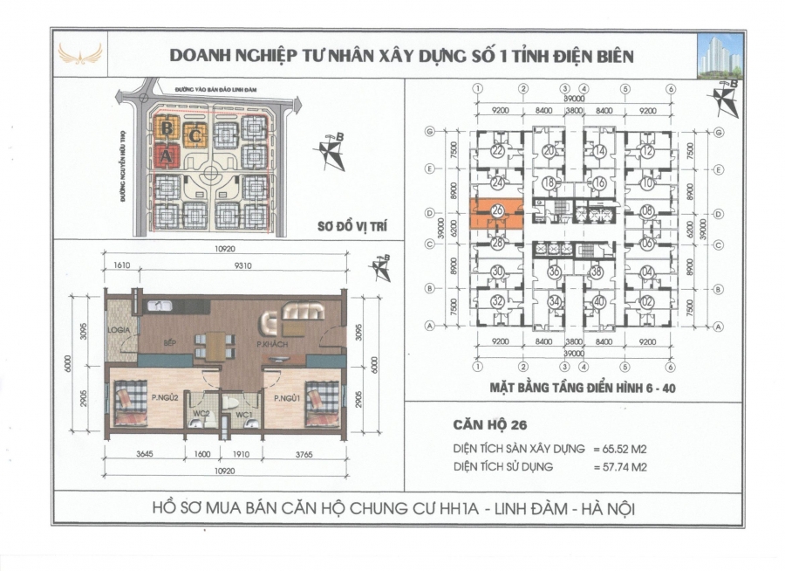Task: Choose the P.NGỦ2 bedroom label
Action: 164,398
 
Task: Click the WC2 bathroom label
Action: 201,412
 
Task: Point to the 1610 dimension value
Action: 121,268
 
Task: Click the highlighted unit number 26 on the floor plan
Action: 496,210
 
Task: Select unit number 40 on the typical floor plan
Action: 597,302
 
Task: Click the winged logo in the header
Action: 79,55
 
